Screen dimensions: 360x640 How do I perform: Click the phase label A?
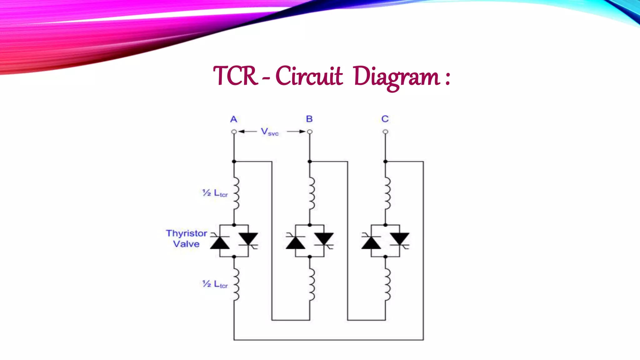tap(234, 119)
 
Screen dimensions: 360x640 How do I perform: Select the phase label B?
tap(309, 119)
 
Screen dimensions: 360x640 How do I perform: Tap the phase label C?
tap(385, 119)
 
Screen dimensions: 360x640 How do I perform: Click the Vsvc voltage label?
tap(269, 132)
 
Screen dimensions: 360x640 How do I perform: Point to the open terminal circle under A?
tap(234, 132)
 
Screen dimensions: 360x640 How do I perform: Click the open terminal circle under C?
tap(385, 132)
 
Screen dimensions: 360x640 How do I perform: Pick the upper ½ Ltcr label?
tap(215, 193)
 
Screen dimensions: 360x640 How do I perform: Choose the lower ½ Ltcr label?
tap(215, 284)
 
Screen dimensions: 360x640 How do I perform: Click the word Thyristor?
tap(187, 233)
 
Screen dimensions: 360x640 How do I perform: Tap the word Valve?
tap(186, 244)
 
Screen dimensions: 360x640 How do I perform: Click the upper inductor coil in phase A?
tap(236, 193)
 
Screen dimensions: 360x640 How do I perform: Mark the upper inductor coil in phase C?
tap(387, 193)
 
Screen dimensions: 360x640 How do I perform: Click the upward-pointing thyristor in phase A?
tap(220, 242)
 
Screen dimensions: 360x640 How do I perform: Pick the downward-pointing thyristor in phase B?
tap(324, 239)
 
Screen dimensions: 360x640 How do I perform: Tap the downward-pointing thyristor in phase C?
tap(400, 239)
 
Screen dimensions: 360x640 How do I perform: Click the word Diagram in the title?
tap(397, 77)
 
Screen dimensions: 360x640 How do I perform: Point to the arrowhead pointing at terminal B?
tap(302, 132)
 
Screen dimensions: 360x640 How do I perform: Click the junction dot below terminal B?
tap(310, 162)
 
